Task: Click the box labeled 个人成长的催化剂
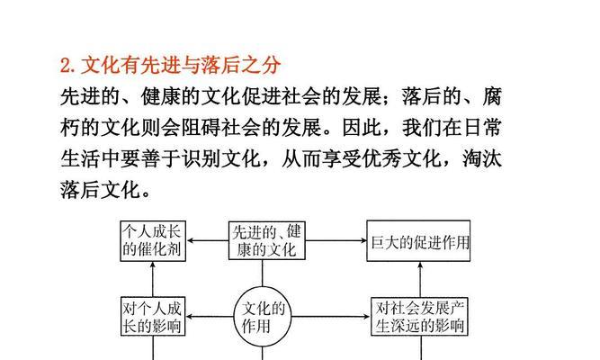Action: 153,241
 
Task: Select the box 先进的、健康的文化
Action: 266,241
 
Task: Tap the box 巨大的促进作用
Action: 418,241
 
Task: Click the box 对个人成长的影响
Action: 153,316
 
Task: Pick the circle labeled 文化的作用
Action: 263,316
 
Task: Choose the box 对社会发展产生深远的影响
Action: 420,317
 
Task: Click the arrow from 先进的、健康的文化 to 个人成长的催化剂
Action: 208,240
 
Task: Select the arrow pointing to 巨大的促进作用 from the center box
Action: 336,240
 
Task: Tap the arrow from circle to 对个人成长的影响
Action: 210,317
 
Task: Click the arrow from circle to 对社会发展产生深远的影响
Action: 331,317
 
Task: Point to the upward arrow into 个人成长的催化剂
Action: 153,279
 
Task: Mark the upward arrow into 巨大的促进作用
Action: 420,280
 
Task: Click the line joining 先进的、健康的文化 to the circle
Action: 263,274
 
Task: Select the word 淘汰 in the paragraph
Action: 482,158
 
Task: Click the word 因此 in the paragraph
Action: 362,128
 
